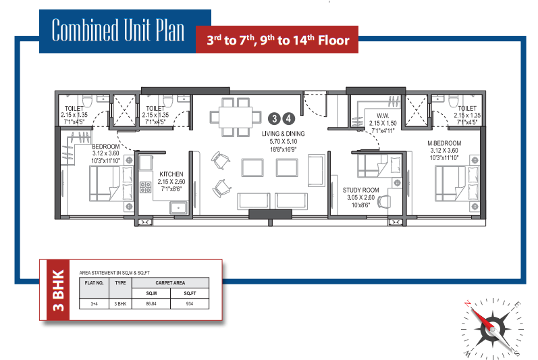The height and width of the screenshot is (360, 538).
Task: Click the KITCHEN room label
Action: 171,174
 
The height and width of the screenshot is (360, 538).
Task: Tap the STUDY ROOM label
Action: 360,190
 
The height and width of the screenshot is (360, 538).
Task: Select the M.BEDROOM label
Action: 444,143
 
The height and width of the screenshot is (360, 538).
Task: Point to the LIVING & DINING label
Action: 283,134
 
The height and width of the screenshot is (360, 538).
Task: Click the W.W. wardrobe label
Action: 383,116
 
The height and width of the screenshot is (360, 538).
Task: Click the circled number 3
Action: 274,119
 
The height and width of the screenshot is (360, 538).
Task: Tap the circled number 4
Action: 288,119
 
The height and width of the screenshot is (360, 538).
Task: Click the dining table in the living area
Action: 236,117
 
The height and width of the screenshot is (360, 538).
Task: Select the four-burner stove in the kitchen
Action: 146,187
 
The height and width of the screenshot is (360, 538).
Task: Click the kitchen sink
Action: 178,208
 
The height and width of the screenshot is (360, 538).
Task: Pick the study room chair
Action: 384,202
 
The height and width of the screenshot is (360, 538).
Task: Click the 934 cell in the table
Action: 190,304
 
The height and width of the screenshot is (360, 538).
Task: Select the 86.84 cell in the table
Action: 151,304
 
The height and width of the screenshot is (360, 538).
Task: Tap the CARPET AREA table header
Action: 170,283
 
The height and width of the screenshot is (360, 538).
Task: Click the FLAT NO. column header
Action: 94,283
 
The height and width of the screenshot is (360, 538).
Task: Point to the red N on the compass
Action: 467,304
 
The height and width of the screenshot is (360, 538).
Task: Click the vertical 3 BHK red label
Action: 58,290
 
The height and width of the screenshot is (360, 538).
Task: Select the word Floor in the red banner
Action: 333,41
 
